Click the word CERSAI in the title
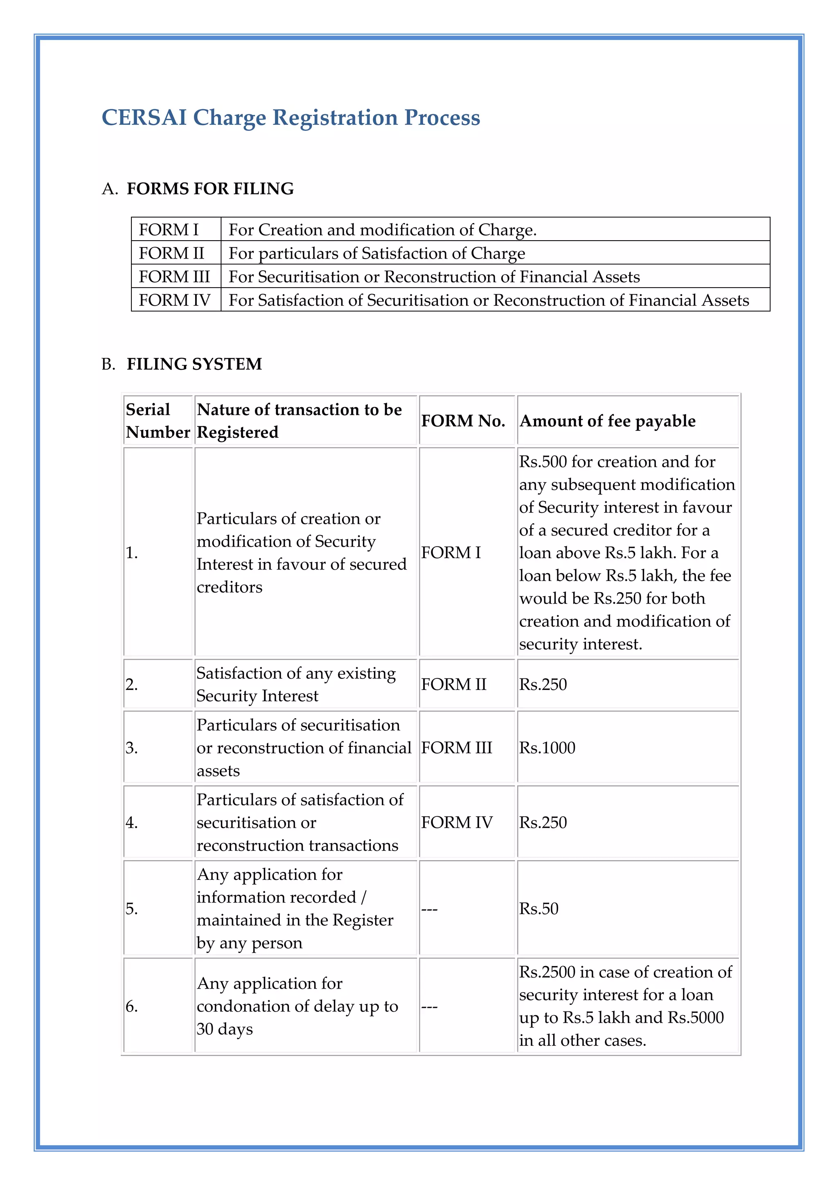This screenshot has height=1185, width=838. [x=144, y=118]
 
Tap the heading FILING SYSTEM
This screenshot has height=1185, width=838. [x=194, y=364]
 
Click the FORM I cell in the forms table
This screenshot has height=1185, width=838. [x=169, y=230]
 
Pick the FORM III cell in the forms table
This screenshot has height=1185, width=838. [x=174, y=277]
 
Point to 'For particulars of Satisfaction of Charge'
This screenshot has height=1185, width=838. [x=377, y=253]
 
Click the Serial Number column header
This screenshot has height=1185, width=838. [x=158, y=421]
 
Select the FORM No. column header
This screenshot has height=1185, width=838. [x=463, y=421]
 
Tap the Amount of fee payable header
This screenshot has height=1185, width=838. [x=607, y=421]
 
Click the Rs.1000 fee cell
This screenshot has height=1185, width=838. [x=547, y=748]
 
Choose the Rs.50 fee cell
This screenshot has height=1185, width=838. [x=539, y=909]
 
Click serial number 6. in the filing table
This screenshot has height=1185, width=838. [x=132, y=1007]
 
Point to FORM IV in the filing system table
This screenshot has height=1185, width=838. [x=457, y=823]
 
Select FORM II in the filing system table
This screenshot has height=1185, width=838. [x=453, y=685]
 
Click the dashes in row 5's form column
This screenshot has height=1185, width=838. [x=429, y=909]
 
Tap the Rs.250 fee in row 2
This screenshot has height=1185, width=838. [x=543, y=685]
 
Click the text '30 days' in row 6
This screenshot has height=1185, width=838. [x=225, y=1029]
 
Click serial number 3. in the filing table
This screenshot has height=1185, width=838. [x=132, y=748]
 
